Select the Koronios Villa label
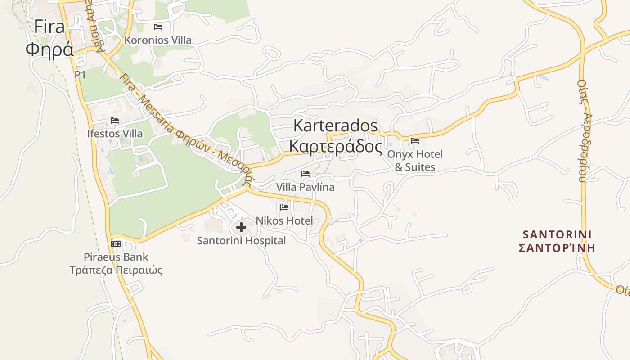(x=158, y=40)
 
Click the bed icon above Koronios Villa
(x=158, y=27)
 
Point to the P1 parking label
(x=80, y=75)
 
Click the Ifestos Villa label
(x=115, y=134)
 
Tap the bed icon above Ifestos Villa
(x=115, y=121)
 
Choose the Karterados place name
(x=335, y=126)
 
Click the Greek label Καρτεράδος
(x=335, y=147)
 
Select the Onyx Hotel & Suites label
(x=415, y=161)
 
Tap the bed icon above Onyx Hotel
(x=415, y=141)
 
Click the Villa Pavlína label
(x=306, y=187)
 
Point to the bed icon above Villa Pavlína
(x=306, y=174)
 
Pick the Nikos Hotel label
(x=284, y=220)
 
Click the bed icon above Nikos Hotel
(x=284, y=207)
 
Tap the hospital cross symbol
(x=241, y=227)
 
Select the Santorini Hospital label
(x=241, y=241)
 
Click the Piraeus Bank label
(x=116, y=257)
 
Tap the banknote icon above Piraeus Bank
(x=116, y=244)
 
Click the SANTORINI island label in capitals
(x=557, y=234)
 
